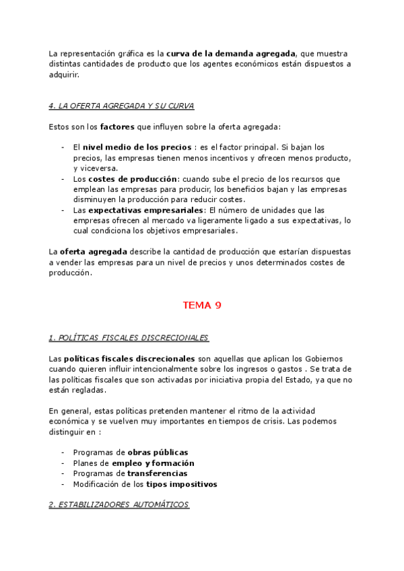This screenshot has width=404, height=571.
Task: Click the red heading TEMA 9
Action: [x=202, y=305]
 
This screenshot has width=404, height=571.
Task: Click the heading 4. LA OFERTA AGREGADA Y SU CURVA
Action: [x=122, y=106]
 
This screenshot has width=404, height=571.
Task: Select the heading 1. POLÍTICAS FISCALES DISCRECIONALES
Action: [x=129, y=337]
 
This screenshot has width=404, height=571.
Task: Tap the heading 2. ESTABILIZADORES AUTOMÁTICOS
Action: [x=119, y=504]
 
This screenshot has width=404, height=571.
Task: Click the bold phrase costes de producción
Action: [x=132, y=179]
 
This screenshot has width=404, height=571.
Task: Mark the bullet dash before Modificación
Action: [x=63, y=484]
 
